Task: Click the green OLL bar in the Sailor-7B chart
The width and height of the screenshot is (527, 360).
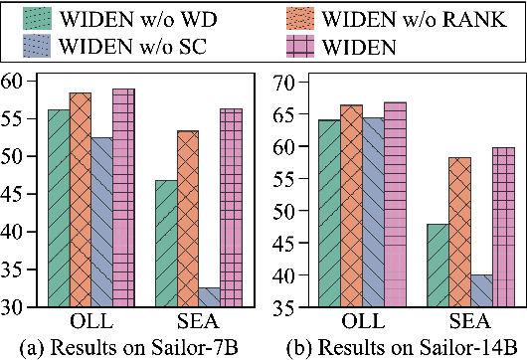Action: pos(59,208)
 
